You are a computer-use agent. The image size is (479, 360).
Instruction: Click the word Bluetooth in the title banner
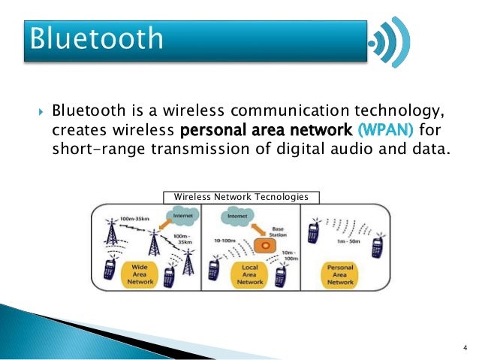click(x=96, y=38)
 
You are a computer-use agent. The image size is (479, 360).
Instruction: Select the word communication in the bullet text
click(x=252, y=112)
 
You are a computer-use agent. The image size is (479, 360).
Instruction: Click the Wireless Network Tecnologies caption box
click(x=241, y=197)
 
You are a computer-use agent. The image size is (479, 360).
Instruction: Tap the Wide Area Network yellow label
click(x=143, y=274)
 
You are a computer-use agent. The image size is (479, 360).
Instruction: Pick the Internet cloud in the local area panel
click(x=238, y=219)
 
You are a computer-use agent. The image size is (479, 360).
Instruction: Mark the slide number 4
click(x=465, y=347)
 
